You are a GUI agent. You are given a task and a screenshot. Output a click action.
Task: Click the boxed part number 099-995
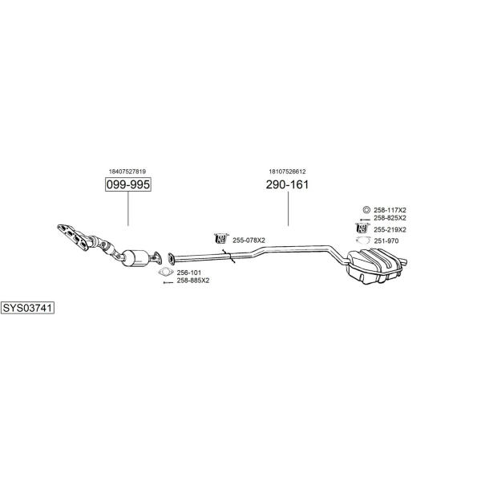click(128, 184)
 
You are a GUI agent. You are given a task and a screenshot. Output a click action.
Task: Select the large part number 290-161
click(287, 184)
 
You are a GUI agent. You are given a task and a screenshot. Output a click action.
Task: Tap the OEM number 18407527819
click(127, 172)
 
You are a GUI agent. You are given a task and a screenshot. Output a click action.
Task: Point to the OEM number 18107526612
click(287, 172)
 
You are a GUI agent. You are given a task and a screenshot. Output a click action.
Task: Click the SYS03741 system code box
click(27, 308)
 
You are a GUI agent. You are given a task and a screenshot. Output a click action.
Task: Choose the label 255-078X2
click(249, 240)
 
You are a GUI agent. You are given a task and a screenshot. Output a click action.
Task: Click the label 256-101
click(189, 273)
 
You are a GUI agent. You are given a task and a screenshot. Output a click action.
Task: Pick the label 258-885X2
click(193, 281)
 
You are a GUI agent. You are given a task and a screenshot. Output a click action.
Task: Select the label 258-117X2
click(390, 210)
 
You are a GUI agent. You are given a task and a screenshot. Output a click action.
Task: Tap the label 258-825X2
click(390, 218)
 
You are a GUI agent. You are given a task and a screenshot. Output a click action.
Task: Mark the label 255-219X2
click(390, 229)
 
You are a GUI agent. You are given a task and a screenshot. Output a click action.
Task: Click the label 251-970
click(386, 240)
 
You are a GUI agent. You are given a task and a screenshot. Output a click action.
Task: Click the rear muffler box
click(375, 266)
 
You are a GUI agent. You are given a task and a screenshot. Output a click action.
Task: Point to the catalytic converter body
click(135, 258)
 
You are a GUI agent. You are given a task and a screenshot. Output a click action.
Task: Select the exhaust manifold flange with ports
click(73, 237)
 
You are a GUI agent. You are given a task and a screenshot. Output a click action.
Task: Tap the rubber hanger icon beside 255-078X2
click(221, 238)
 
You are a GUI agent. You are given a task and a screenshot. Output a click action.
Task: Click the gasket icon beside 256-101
click(166, 272)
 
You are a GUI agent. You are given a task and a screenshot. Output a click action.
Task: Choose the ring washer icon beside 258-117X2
click(366, 210)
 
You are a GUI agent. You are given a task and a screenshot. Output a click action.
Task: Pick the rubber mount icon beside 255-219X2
click(362, 228)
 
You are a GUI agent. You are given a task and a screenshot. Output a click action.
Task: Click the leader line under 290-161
click(288, 208)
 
